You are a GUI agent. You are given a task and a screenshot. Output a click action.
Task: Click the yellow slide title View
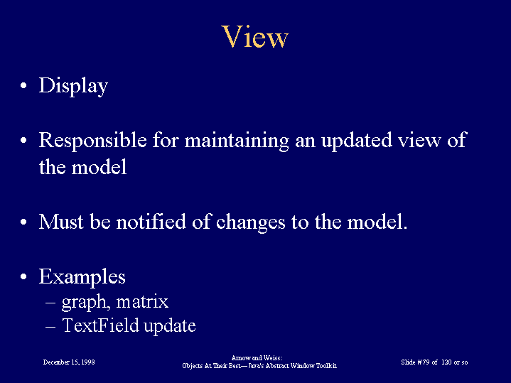click(255, 36)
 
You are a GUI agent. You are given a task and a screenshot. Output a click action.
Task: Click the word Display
click(73, 87)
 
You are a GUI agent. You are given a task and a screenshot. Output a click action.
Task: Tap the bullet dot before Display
click(23, 86)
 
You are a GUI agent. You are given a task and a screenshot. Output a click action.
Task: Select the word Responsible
click(93, 141)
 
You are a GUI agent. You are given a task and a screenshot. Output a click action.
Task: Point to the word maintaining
click(237, 141)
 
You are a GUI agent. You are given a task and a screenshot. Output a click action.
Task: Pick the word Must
click(61, 222)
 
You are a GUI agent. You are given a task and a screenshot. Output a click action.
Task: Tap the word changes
click(250, 223)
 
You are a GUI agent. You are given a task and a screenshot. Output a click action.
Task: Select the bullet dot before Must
click(23, 222)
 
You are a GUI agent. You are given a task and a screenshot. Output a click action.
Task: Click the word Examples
click(82, 277)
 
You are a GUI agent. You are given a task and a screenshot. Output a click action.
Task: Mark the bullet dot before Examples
click(23, 276)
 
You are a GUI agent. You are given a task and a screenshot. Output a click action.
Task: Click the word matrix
click(142, 301)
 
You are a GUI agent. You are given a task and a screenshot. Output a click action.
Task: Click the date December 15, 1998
click(69, 362)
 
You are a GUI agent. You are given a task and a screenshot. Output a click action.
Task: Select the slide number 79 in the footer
click(426, 362)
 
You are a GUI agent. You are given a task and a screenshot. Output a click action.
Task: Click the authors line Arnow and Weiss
click(257, 358)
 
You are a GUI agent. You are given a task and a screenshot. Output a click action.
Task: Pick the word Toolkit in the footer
click(326, 366)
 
